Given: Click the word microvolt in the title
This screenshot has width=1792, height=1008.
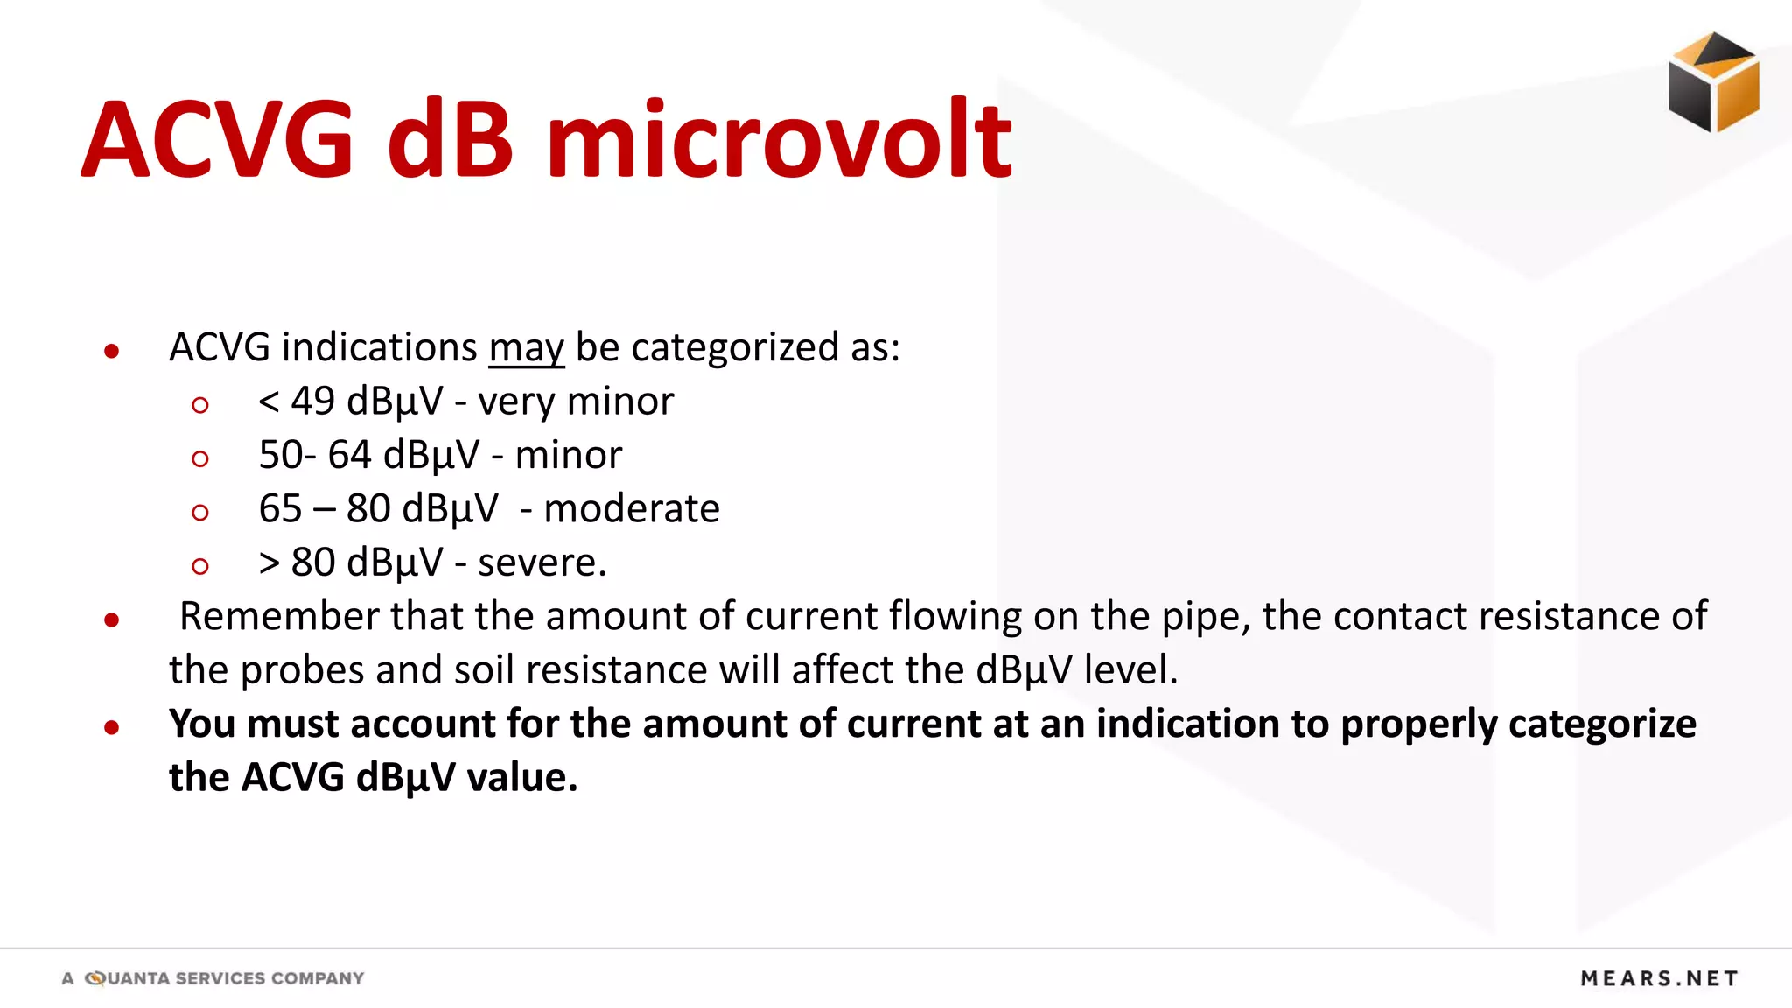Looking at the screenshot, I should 779,140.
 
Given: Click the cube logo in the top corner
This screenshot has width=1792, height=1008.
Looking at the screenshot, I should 1713,82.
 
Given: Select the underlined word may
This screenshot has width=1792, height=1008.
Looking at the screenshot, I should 527,348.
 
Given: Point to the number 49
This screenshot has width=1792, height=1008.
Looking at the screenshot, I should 312,402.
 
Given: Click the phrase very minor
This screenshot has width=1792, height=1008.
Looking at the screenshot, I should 576,402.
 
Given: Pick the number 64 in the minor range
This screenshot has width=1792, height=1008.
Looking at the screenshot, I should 349,455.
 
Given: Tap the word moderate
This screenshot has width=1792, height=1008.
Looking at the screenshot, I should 632,508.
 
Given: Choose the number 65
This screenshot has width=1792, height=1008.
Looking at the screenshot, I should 280,508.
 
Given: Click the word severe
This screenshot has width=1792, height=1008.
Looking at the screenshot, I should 540,563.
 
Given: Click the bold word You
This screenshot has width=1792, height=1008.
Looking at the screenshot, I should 201,724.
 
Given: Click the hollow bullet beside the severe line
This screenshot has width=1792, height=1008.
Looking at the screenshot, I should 200,566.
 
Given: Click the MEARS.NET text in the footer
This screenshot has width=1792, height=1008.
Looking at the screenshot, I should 1659,978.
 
